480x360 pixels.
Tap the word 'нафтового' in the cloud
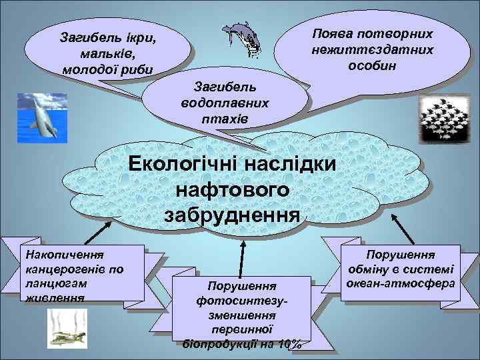point(232,189)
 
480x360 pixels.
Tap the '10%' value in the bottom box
point(291,344)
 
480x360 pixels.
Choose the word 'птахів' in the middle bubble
point(225,118)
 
